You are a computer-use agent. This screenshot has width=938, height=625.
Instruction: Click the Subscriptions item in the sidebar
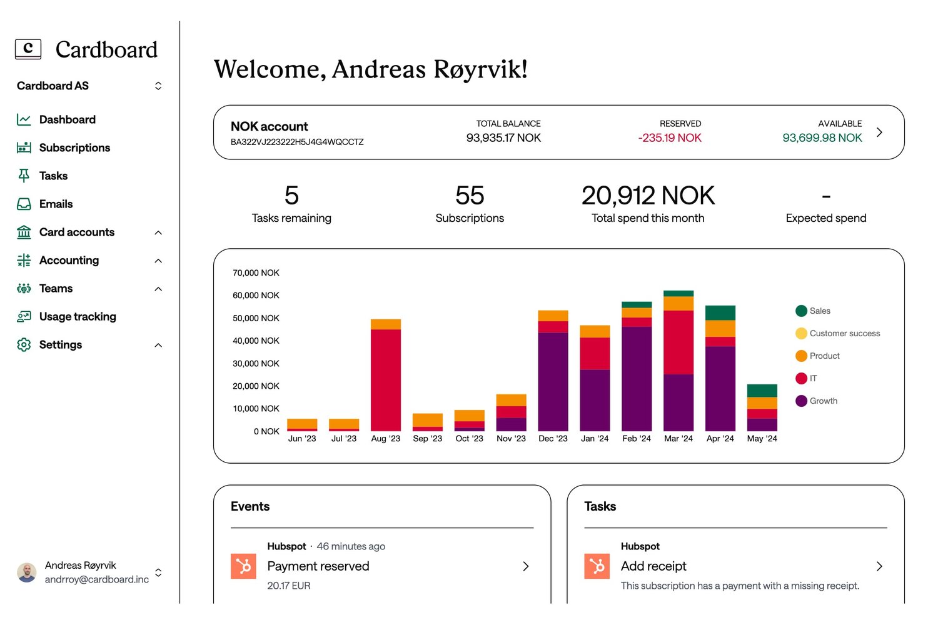click(x=74, y=147)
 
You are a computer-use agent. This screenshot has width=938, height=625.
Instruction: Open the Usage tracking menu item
click(x=77, y=316)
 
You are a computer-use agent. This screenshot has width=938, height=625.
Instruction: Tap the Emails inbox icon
click(x=24, y=204)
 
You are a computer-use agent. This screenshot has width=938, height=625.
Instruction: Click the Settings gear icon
click(x=24, y=344)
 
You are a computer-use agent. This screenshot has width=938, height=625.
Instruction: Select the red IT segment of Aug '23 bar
click(x=385, y=379)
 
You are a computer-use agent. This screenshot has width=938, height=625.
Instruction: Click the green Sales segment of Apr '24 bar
click(x=720, y=312)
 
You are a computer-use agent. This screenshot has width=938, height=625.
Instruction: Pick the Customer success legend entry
click(x=844, y=333)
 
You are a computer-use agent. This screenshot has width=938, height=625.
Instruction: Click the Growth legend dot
click(x=801, y=401)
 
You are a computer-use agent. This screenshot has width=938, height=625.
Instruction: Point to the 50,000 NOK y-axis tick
click(x=256, y=318)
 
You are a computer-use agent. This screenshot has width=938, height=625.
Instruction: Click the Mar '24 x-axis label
click(x=678, y=439)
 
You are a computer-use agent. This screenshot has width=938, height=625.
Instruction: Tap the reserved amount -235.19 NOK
click(x=670, y=137)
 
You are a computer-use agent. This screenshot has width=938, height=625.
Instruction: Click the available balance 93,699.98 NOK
click(x=822, y=137)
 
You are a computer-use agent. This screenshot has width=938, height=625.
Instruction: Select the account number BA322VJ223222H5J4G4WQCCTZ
click(x=297, y=142)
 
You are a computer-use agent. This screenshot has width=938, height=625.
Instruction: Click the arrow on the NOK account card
click(x=879, y=132)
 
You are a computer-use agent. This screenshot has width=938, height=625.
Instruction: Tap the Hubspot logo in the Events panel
click(x=243, y=566)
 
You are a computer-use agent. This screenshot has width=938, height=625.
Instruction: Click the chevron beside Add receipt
click(x=879, y=566)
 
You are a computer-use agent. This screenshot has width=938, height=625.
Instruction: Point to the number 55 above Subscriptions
click(x=470, y=196)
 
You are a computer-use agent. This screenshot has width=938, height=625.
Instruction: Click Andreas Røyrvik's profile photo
click(x=27, y=572)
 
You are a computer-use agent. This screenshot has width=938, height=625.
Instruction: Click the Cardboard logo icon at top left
click(x=28, y=49)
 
